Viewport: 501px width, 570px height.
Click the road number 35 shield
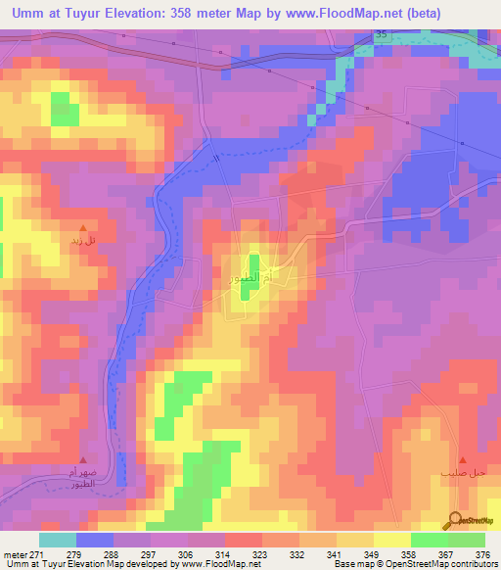click(381, 34)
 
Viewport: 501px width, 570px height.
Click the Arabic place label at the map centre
click(253, 277)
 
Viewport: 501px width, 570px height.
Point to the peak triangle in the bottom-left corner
click(83, 458)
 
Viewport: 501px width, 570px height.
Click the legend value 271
click(42, 553)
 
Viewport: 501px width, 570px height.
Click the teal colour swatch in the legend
click(57, 540)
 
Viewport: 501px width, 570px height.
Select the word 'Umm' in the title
click(28, 14)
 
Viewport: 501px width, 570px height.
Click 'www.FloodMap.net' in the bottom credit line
click(213, 564)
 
